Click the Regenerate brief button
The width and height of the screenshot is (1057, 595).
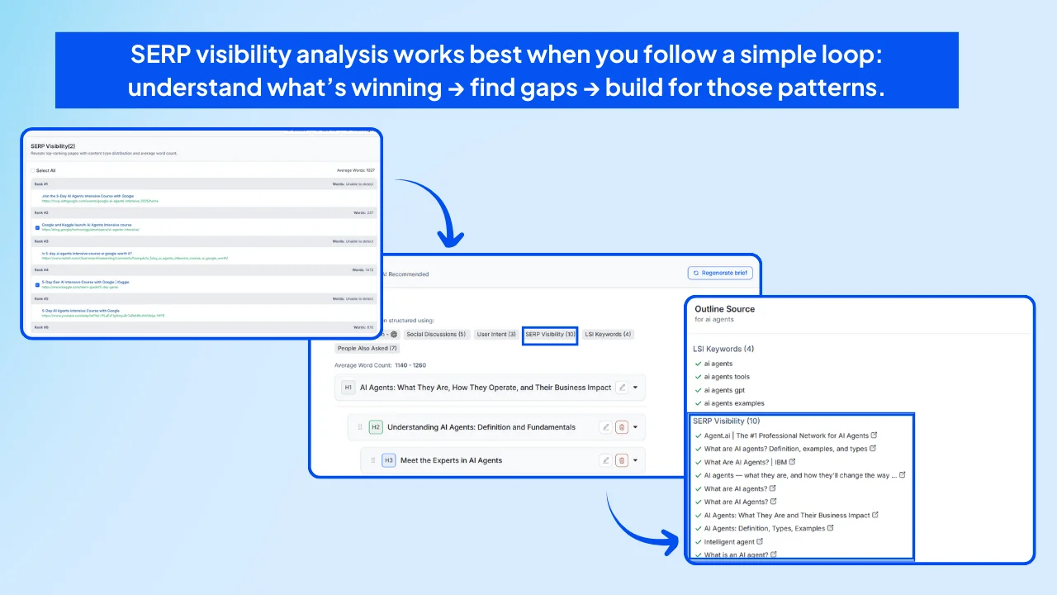point(720,273)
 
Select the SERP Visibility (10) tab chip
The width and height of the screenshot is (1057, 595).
point(550,335)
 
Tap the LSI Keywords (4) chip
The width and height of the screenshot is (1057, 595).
point(607,335)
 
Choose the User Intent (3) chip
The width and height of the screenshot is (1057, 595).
point(496,335)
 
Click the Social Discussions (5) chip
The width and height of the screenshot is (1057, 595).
point(436,335)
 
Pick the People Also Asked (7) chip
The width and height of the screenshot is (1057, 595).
point(367,348)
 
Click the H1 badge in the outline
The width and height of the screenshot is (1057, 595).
point(348,387)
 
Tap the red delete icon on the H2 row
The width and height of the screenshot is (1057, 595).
point(622,427)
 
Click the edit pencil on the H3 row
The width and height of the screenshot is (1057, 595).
point(605,460)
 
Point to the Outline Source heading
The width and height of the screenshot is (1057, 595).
point(724,309)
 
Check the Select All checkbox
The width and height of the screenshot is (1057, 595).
point(33,170)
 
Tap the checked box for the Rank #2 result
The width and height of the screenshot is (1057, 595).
point(37,226)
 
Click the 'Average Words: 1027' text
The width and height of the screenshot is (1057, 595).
point(355,170)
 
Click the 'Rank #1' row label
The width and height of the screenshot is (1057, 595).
point(40,183)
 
